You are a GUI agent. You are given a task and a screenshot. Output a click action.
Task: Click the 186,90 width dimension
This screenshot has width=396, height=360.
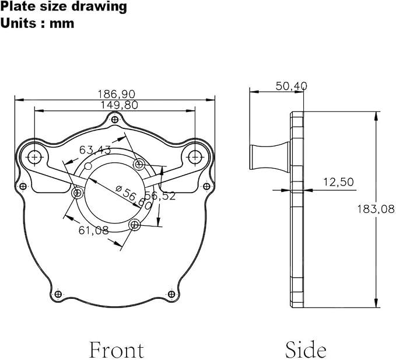pyautogui.click(x=117, y=95)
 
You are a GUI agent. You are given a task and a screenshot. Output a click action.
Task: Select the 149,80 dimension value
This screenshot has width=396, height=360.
pyautogui.click(x=119, y=105)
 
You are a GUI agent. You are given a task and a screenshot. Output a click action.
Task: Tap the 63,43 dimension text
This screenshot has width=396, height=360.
pyautogui.click(x=95, y=150)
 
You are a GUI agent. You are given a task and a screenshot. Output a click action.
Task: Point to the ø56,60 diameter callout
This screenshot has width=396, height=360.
pyautogui.click(x=134, y=197)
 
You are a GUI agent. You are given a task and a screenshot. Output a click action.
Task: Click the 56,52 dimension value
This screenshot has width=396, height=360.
pyautogui.click(x=160, y=196)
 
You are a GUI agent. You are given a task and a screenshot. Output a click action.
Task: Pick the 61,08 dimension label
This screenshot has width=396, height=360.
pyautogui.click(x=94, y=230)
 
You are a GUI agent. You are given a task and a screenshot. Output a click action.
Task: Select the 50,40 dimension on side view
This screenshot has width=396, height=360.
pyautogui.click(x=292, y=86)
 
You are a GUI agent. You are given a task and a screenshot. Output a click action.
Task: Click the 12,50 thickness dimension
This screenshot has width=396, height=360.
pyautogui.click(x=339, y=182)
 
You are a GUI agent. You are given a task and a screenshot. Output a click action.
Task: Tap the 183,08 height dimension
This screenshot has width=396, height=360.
pyautogui.click(x=376, y=209)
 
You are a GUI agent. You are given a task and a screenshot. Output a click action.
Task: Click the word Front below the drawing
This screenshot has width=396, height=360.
pyautogui.click(x=117, y=350)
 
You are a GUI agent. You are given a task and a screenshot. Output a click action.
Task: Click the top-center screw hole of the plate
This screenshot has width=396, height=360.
pyautogui.click(x=115, y=119)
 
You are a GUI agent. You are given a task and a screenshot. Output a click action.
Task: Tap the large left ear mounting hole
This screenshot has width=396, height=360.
pyautogui.click(x=34, y=157)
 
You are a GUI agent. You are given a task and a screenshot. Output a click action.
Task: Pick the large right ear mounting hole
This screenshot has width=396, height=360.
pyautogui.click(x=195, y=157)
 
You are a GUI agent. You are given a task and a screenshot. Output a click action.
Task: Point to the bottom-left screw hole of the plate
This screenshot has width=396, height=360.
pyautogui.click(x=58, y=294)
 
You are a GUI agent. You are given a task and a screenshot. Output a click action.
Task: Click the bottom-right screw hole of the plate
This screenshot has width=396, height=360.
pyautogui.click(x=171, y=294)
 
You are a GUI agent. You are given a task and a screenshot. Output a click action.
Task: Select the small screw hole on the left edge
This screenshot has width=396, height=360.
pyautogui.click(x=23, y=187)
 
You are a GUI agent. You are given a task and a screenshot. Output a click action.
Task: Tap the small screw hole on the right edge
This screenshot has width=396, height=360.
pyautogui.click(x=206, y=187)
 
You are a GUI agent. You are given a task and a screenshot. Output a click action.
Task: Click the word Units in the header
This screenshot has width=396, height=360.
pyautogui.click(x=18, y=23)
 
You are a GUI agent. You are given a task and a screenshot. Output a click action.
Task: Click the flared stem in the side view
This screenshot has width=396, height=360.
pyautogui.click(x=269, y=157)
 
